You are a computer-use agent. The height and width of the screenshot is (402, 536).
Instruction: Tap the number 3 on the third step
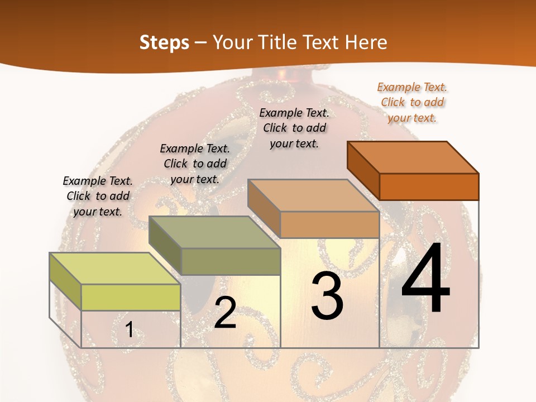tap(327, 296)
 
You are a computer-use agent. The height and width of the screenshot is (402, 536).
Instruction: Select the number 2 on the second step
tap(226, 313)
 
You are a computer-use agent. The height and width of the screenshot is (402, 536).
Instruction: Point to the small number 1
tap(130, 330)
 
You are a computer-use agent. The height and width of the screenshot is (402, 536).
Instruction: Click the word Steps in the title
tap(164, 42)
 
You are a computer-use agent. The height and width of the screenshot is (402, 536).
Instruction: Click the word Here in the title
tap(366, 42)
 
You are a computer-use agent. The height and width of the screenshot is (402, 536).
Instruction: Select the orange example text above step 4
tap(413, 102)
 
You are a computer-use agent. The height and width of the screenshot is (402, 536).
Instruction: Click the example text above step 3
tap(295, 128)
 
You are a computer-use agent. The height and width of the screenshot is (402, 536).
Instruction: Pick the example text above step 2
tap(195, 164)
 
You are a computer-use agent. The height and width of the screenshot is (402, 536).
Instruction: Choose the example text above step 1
tap(98, 196)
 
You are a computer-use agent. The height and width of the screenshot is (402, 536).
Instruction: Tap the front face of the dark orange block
tap(429, 186)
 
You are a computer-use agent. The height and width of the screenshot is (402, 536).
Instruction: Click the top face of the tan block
tap(313, 195)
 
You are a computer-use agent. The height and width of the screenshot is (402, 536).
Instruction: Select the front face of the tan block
tap(329, 224)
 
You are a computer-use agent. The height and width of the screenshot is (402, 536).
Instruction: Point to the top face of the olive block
tap(214, 232)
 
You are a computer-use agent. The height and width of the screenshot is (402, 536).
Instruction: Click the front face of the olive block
tap(231, 261)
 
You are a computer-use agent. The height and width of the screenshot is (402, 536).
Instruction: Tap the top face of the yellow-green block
tap(115, 269)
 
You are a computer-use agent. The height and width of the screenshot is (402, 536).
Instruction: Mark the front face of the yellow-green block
tap(131, 297)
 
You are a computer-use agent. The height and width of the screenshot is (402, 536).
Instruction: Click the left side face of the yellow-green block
tap(65, 281)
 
